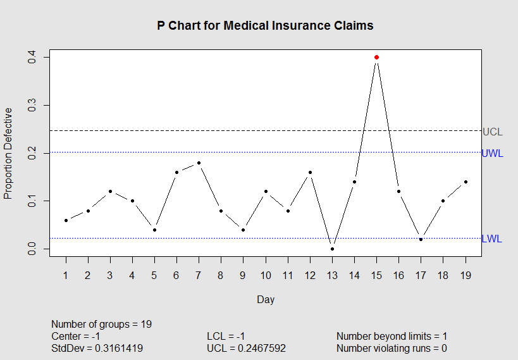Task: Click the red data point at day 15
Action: click(x=376, y=57)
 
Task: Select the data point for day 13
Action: click(x=332, y=249)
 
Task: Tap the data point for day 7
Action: click(x=199, y=163)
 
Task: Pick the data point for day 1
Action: click(x=66, y=220)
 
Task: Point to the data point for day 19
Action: click(x=466, y=182)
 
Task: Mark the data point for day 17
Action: click(x=421, y=239)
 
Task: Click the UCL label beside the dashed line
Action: click(x=492, y=132)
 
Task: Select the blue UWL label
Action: click(x=492, y=153)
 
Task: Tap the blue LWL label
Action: click(x=491, y=239)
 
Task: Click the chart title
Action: click(x=266, y=26)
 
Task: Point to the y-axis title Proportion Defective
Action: click(x=9, y=153)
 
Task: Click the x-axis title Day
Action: click(x=266, y=299)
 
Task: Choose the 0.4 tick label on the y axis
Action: click(x=30, y=58)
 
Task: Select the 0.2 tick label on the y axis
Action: click(x=30, y=153)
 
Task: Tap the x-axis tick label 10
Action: click(x=266, y=275)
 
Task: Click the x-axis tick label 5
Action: click(x=154, y=275)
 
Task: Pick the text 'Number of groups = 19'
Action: click(x=101, y=325)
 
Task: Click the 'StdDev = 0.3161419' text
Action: click(x=97, y=349)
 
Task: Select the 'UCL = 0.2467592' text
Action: click(x=246, y=349)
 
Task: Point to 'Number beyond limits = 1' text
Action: click(x=392, y=337)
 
